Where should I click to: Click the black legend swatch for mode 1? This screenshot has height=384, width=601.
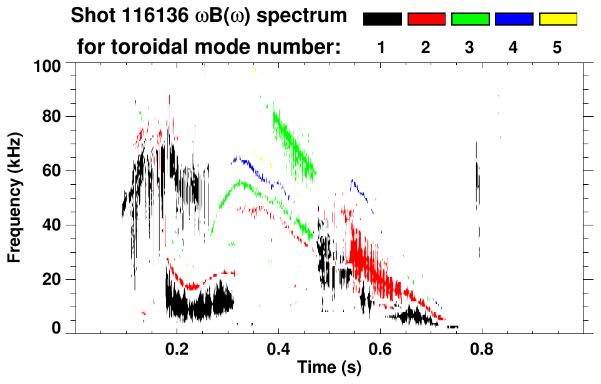click(x=382, y=19)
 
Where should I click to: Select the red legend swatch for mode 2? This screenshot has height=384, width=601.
click(x=426, y=19)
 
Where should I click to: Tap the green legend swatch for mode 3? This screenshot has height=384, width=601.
click(x=470, y=19)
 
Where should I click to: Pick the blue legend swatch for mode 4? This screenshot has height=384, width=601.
click(x=514, y=19)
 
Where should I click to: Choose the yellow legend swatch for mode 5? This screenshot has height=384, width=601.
click(x=558, y=19)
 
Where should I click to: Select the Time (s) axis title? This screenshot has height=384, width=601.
click(x=328, y=368)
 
